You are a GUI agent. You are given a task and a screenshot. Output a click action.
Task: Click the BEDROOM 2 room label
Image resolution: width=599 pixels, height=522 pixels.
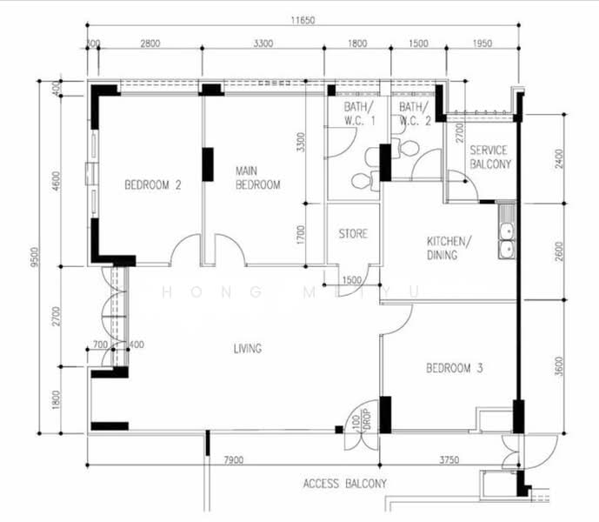[153, 184]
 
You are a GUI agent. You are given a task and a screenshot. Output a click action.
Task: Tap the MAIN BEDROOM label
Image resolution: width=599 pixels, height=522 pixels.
[258, 178]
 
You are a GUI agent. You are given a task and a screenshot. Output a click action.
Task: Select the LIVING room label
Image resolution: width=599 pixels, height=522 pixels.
[248, 349]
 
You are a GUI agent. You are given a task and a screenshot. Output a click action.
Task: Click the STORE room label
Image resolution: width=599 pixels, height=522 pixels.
[353, 234]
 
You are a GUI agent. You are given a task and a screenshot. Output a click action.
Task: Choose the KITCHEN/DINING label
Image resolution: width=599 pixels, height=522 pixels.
[449, 248]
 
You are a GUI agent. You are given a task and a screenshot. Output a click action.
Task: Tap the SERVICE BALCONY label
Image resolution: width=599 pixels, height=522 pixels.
[489, 157]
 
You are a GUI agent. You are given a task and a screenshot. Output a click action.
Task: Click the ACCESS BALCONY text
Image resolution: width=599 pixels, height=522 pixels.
[345, 483]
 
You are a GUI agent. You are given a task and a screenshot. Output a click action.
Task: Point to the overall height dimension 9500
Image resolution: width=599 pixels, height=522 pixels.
[35, 258]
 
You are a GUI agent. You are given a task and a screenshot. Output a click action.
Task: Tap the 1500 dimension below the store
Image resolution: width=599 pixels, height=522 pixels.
[351, 280]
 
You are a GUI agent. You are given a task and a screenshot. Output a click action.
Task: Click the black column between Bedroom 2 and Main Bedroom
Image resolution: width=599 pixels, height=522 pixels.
[208, 164]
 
